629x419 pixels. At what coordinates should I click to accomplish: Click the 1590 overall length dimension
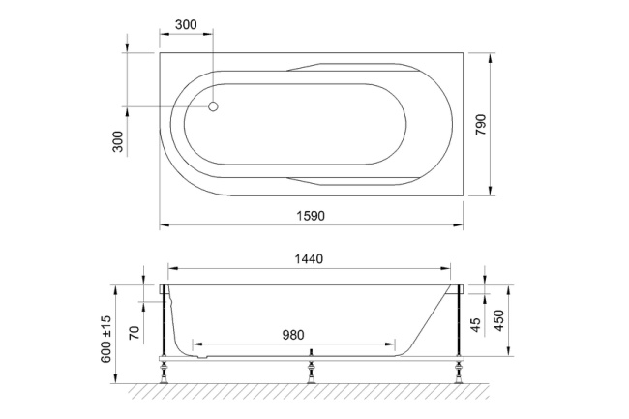[x=310, y=216]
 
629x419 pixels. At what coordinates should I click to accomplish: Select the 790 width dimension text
[x=481, y=125]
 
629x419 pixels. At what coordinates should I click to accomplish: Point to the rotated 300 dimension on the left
[x=118, y=141]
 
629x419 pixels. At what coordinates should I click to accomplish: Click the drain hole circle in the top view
[x=215, y=108]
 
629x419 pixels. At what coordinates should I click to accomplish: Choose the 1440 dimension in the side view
[x=308, y=259]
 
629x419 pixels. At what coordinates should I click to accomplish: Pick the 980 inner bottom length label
[x=293, y=335]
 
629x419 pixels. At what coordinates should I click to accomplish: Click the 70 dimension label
[x=135, y=334]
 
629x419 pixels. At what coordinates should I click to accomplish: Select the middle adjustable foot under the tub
[x=310, y=368]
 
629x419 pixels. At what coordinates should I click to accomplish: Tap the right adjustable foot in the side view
[x=454, y=368]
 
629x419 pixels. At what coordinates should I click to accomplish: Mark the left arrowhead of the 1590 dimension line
[x=164, y=225]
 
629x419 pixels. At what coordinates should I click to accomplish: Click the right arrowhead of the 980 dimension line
[x=392, y=344]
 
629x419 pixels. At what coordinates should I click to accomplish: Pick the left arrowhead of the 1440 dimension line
[x=172, y=270]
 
